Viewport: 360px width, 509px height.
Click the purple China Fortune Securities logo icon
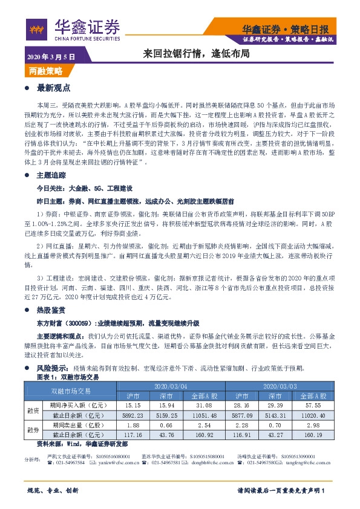[x=38, y=27]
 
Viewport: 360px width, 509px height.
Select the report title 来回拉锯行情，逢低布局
[x=197, y=54]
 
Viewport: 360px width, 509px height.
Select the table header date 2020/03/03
[x=280, y=384]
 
